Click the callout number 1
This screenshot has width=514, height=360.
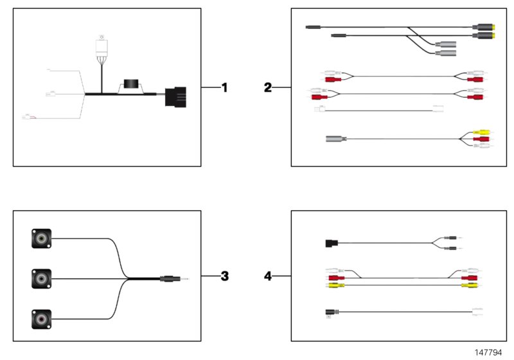pos(224,87)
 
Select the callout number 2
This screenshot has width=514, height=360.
pos(268,87)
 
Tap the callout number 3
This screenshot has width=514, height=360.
pos(224,276)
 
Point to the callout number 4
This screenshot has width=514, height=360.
pos(268,276)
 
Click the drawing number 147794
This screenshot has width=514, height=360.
pos(488,352)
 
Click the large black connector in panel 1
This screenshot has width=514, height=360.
pos(175,97)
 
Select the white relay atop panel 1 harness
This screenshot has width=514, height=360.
pos(102,46)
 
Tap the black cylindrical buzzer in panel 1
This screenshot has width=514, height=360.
pos(130,84)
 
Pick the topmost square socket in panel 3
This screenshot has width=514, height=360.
pos(41,239)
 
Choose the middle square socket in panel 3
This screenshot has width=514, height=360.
pos(41,279)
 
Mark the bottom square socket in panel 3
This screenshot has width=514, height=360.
pos(41,319)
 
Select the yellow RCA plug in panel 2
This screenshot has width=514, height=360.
pos(481,132)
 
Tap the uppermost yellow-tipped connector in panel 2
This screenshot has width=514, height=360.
pos(484,27)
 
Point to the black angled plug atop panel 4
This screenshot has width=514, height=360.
pos(332,243)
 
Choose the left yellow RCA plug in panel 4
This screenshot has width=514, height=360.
pos(336,285)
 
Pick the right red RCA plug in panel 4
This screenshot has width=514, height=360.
pos(470,278)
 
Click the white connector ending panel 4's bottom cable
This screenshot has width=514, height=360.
pos(477,312)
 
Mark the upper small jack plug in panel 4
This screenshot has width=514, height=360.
pos(452,238)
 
